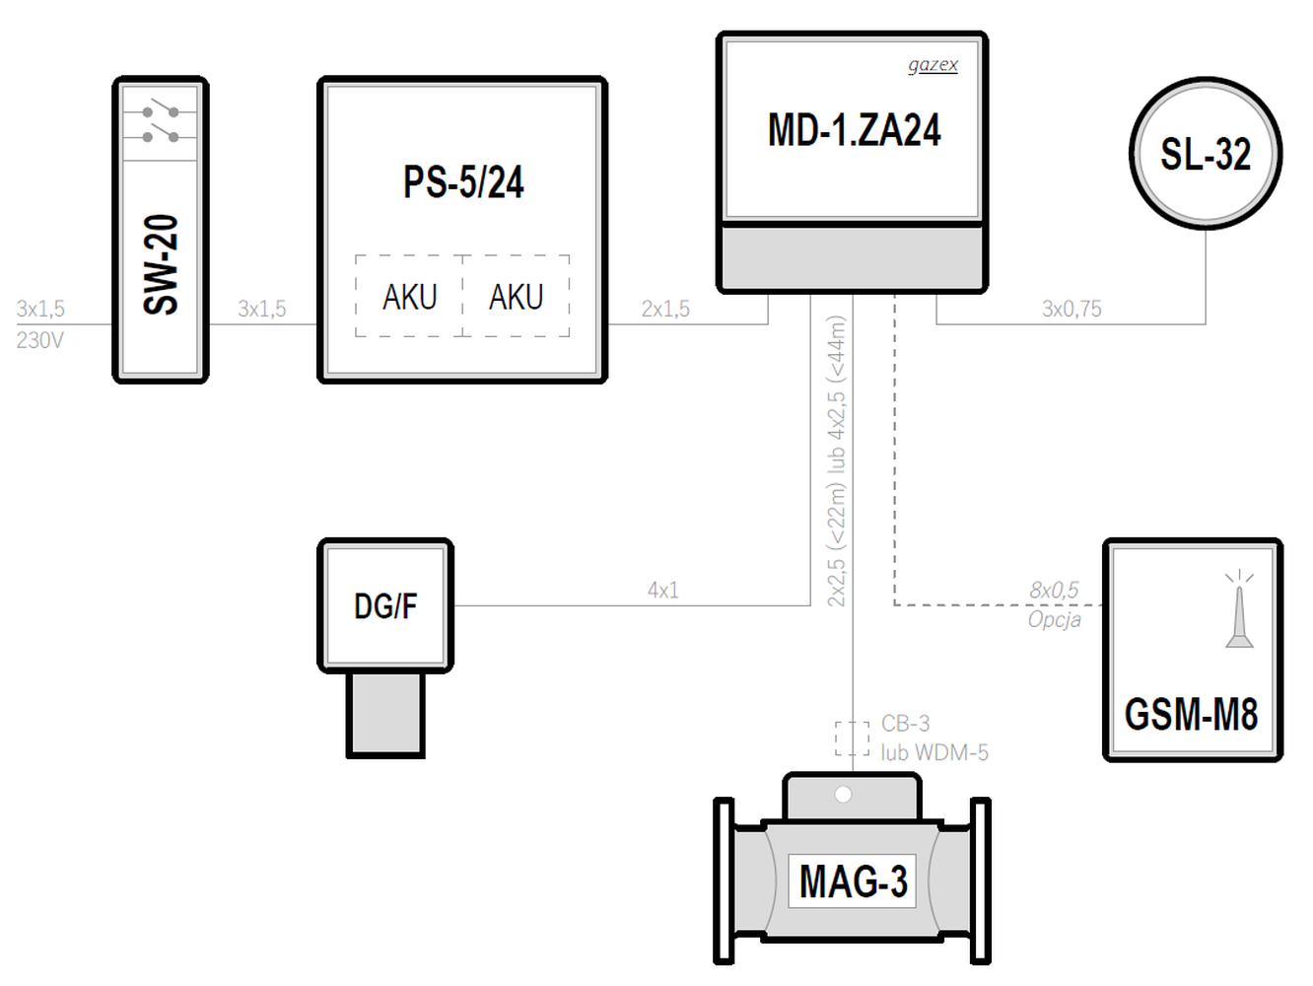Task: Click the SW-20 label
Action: tap(161, 264)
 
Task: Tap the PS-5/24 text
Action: tap(463, 181)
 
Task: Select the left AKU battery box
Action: tap(409, 296)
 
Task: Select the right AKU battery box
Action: tap(517, 296)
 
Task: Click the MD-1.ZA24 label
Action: tap(854, 130)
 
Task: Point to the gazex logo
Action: tap(933, 65)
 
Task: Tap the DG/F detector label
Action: tap(385, 606)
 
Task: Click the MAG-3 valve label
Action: tap(853, 881)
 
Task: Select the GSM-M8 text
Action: tap(1191, 714)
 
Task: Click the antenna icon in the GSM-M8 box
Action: tap(1239, 608)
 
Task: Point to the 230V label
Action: tap(39, 340)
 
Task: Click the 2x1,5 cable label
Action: tap(665, 309)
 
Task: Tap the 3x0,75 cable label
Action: tap(1071, 309)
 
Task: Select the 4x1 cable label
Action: tap(662, 591)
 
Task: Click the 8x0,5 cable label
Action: tap(1054, 591)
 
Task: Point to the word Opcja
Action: tap(1054, 620)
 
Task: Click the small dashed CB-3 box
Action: tap(853, 739)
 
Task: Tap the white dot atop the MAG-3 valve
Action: tap(843, 795)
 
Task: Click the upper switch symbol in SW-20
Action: tap(161, 110)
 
